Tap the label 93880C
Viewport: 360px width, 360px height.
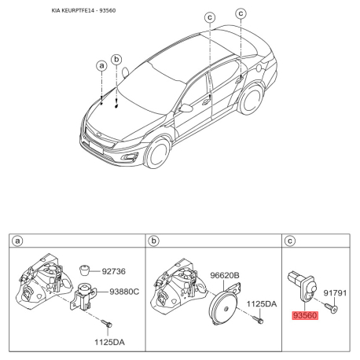coord(123,291)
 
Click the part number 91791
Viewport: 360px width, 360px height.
coord(335,292)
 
